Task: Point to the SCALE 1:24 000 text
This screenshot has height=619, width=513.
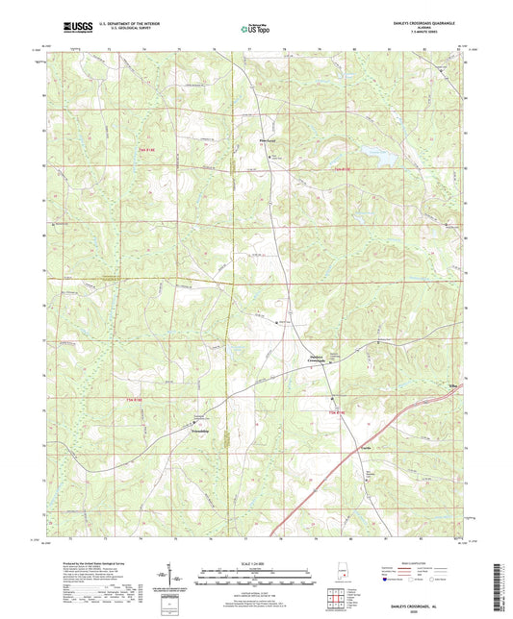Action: coord(255,562)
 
